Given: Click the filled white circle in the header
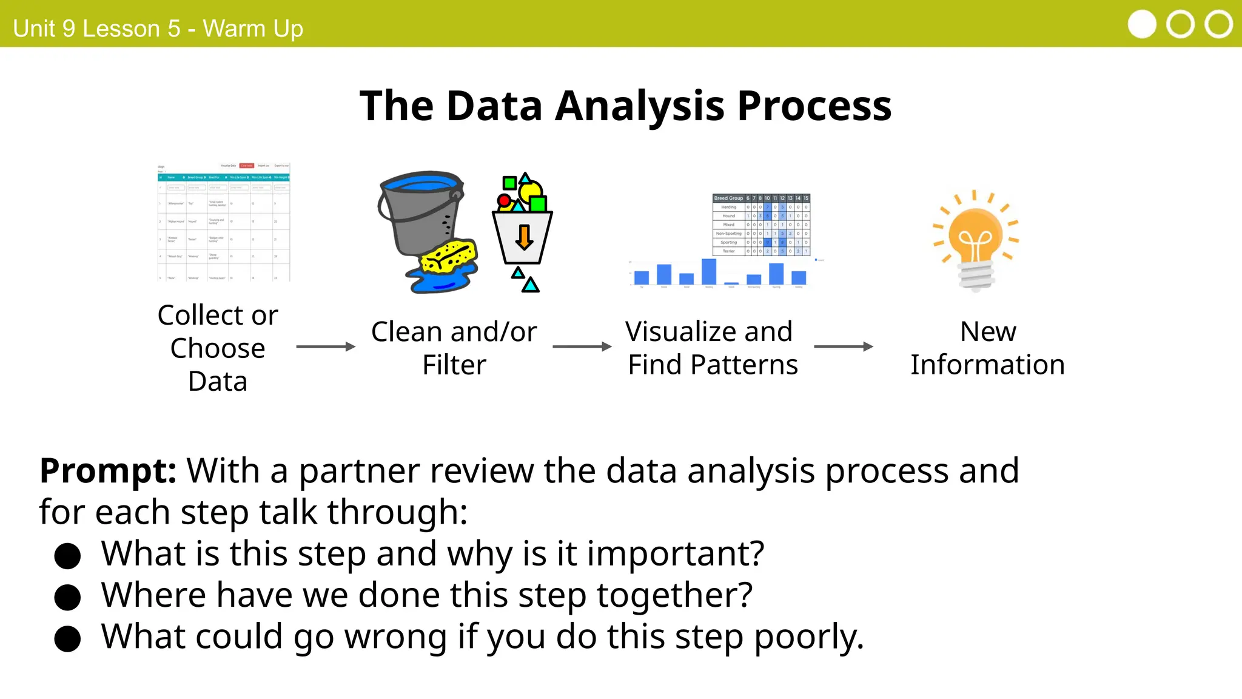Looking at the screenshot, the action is (x=1142, y=25).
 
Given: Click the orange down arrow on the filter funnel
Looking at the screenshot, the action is (x=524, y=237).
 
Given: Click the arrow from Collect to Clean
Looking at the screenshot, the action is (x=326, y=346).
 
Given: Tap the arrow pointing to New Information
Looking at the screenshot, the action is (x=844, y=346).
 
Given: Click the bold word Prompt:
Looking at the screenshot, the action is (x=108, y=471).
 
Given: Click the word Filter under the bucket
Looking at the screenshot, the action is (x=454, y=365).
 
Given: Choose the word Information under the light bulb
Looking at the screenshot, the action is (x=987, y=365).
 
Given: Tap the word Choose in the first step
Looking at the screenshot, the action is (x=218, y=349).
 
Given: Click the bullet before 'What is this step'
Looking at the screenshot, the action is (x=67, y=555).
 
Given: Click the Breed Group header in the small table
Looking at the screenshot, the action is (x=728, y=198).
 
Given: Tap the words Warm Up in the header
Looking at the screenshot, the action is (x=253, y=29).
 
